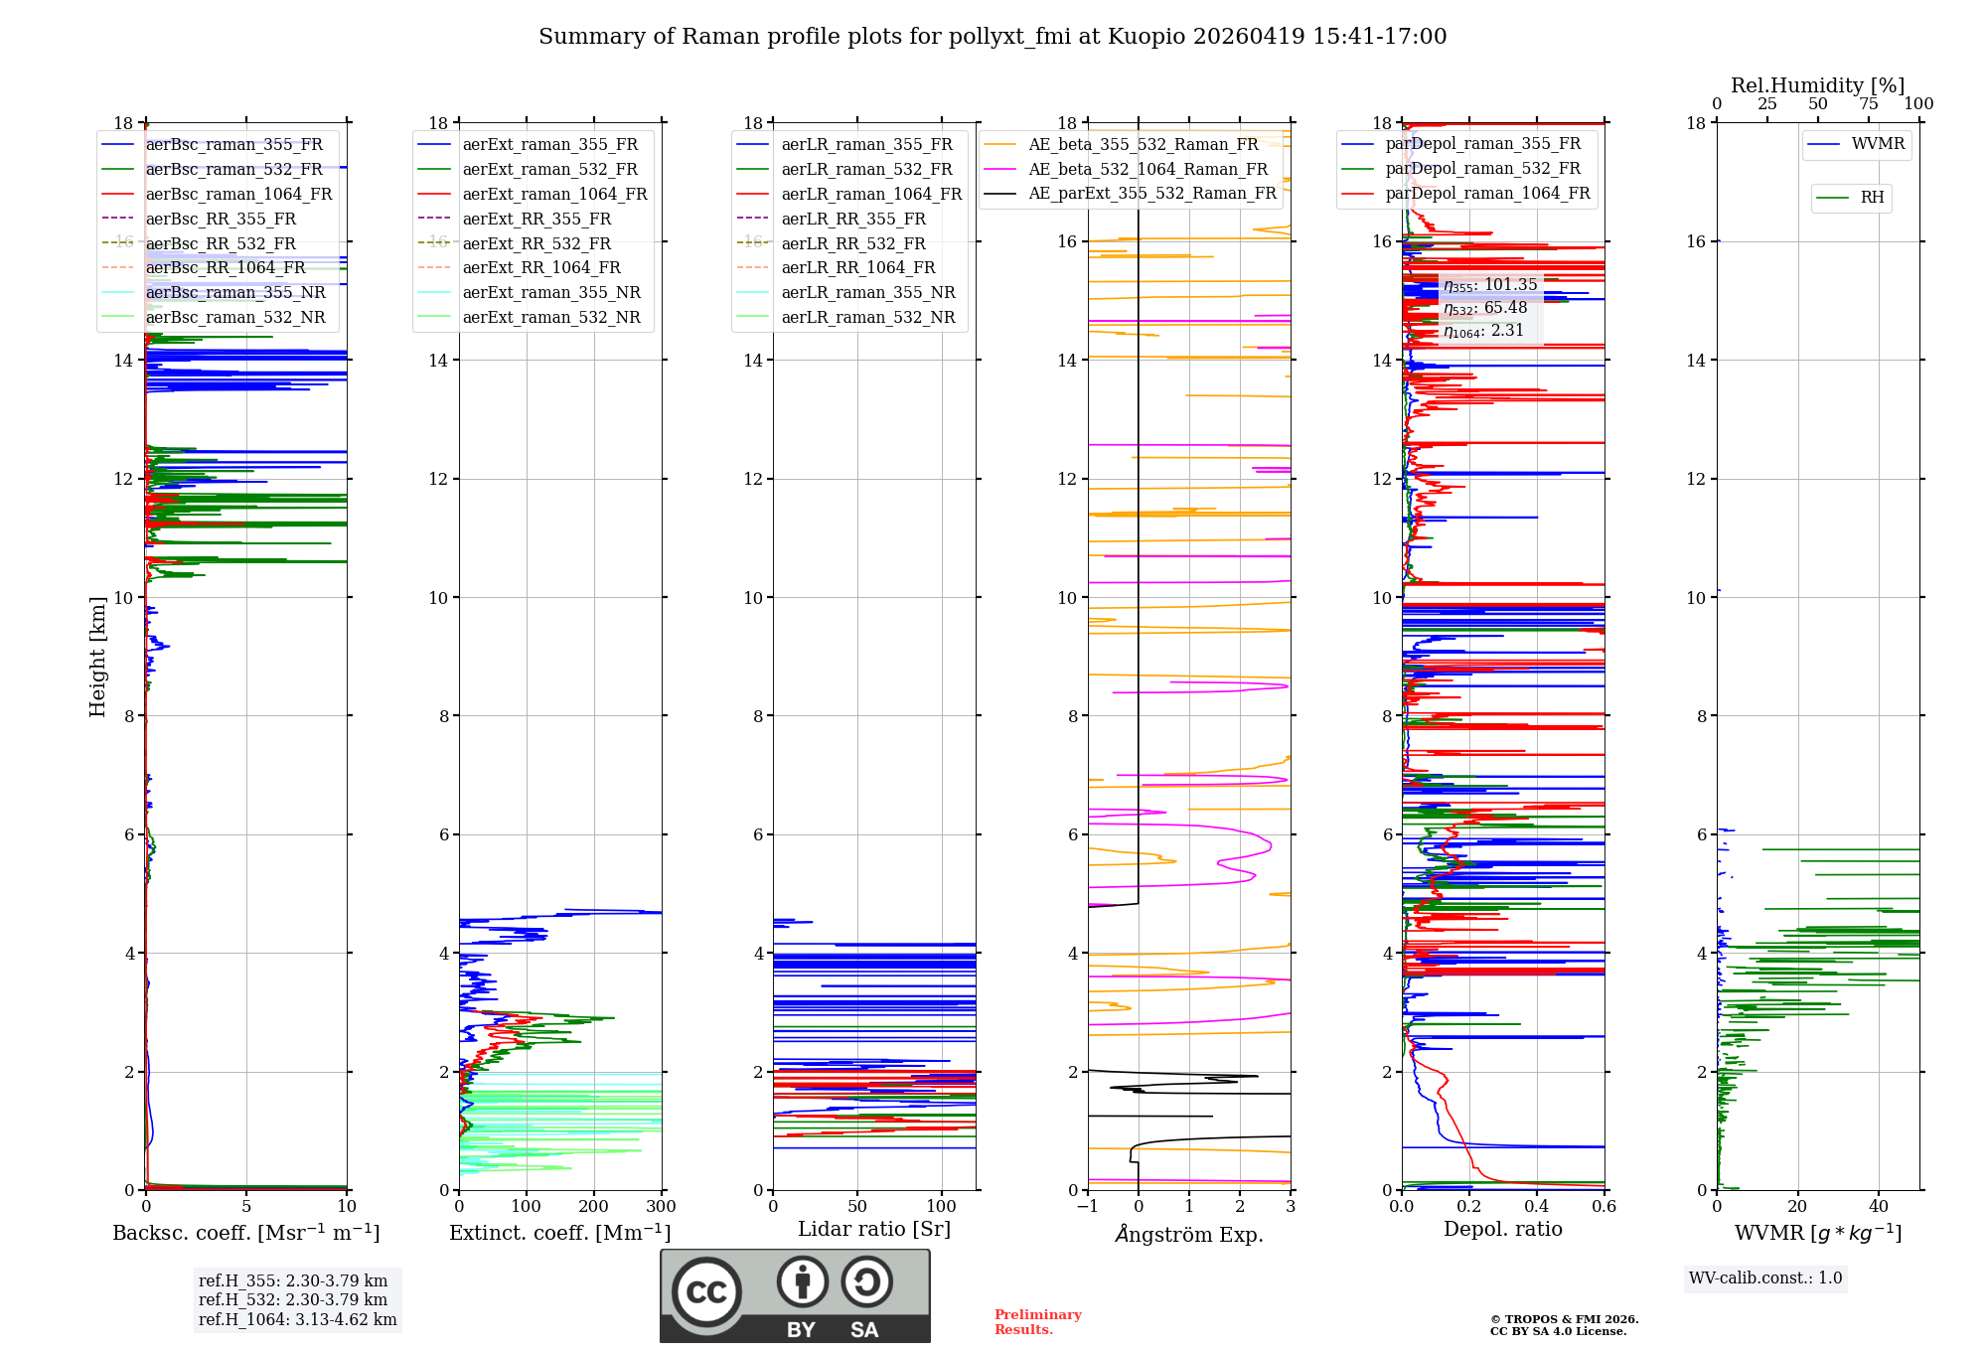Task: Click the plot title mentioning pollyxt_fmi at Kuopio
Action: coord(992,37)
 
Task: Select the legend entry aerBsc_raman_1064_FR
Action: coord(238,194)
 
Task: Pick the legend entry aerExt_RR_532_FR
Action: coord(536,243)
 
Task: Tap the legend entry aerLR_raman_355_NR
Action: coord(867,292)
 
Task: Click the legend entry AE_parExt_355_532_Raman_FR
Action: coord(1151,193)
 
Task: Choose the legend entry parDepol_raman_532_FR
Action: coord(1482,169)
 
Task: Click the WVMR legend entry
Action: coord(1878,144)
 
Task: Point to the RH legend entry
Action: coord(1872,198)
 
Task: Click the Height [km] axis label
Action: coord(97,656)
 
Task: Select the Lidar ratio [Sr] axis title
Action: coord(874,1229)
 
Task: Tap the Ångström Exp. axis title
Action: coord(1188,1234)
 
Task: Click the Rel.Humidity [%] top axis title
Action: coord(1817,85)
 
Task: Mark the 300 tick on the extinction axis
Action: coord(662,1207)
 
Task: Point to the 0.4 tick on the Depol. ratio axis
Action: coord(1537,1207)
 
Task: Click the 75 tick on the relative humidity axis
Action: coord(1868,104)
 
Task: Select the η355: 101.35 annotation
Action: coord(1490,285)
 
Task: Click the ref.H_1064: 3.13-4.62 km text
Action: coord(297,1320)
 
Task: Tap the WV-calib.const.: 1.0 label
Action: coord(1765,1278)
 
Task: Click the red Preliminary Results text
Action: coord(1037,1322)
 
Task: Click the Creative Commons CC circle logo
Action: coord(706,1292)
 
